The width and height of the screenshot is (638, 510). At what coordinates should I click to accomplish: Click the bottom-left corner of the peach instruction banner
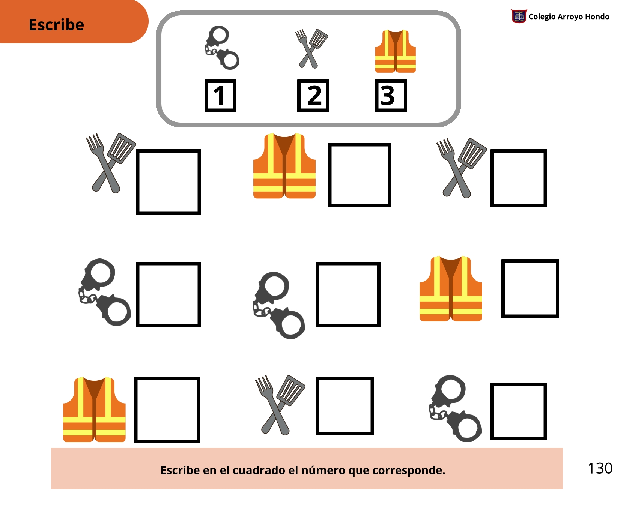click(51, 489)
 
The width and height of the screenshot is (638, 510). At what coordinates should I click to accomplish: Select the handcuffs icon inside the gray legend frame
click(222, 48)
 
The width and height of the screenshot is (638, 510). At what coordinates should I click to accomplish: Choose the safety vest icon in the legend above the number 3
click(396, 51)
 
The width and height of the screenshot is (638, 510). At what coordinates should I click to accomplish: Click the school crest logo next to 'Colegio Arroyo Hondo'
click(519, 16)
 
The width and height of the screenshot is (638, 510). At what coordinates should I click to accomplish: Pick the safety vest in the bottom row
click(94, 409)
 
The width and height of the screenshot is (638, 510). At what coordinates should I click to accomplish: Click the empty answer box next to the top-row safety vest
click(360, 175)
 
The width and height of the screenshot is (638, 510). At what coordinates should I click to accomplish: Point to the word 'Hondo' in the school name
click(597, 16)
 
